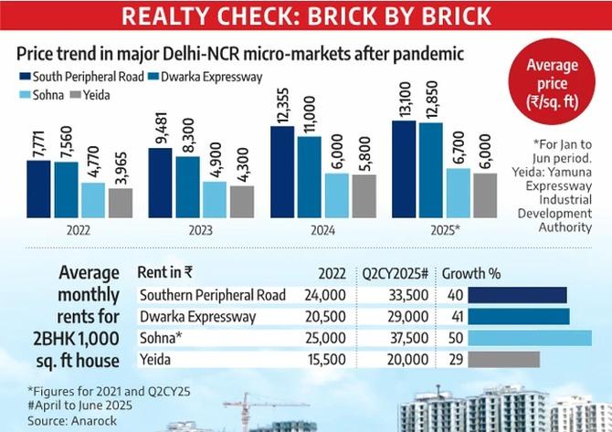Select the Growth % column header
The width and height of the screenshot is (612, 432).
[x=471, y=273]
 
